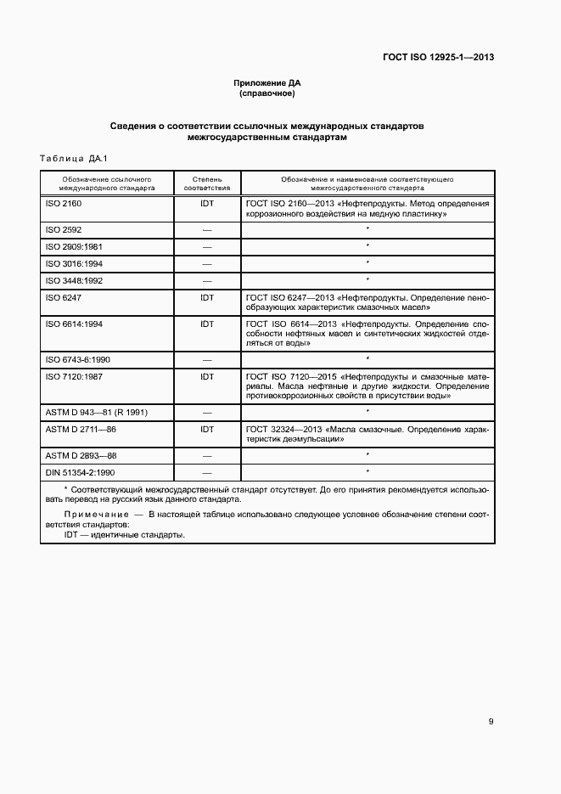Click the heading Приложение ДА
[267, 83]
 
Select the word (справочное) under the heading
[267, 94]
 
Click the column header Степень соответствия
[206, 184]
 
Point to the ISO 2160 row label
[64, 204]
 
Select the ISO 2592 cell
[64, 230]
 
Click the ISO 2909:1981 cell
[74, 246]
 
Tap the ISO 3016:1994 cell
[74, 263]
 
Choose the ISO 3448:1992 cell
[74, 279]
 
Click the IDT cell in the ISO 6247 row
[206, 297]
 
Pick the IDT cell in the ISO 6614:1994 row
[206, 324]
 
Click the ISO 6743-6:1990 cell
[77, 359]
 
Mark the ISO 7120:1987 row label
[74, 375]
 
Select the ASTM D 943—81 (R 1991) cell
[97, 412]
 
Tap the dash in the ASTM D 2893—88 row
[206, 455]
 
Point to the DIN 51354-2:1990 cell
[80, 471]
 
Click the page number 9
[491, 722]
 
